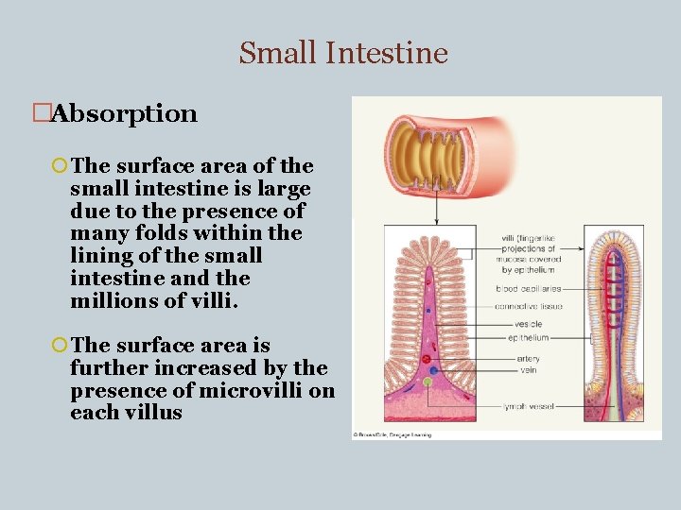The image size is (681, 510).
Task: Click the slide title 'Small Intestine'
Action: click(342, 53)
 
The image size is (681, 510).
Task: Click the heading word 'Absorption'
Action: click(124, 114)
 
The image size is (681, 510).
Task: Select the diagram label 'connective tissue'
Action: click(530, 306)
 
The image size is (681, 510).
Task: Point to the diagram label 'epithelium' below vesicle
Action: click(528, 337)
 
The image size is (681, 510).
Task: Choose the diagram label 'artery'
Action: click(529, 359)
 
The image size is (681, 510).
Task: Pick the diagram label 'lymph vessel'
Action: click(529, 406)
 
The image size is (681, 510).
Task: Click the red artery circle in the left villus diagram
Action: click(426, 359)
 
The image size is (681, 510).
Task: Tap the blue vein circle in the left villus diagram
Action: click(433, 371)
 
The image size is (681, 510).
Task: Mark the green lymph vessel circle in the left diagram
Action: click(428, 382)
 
